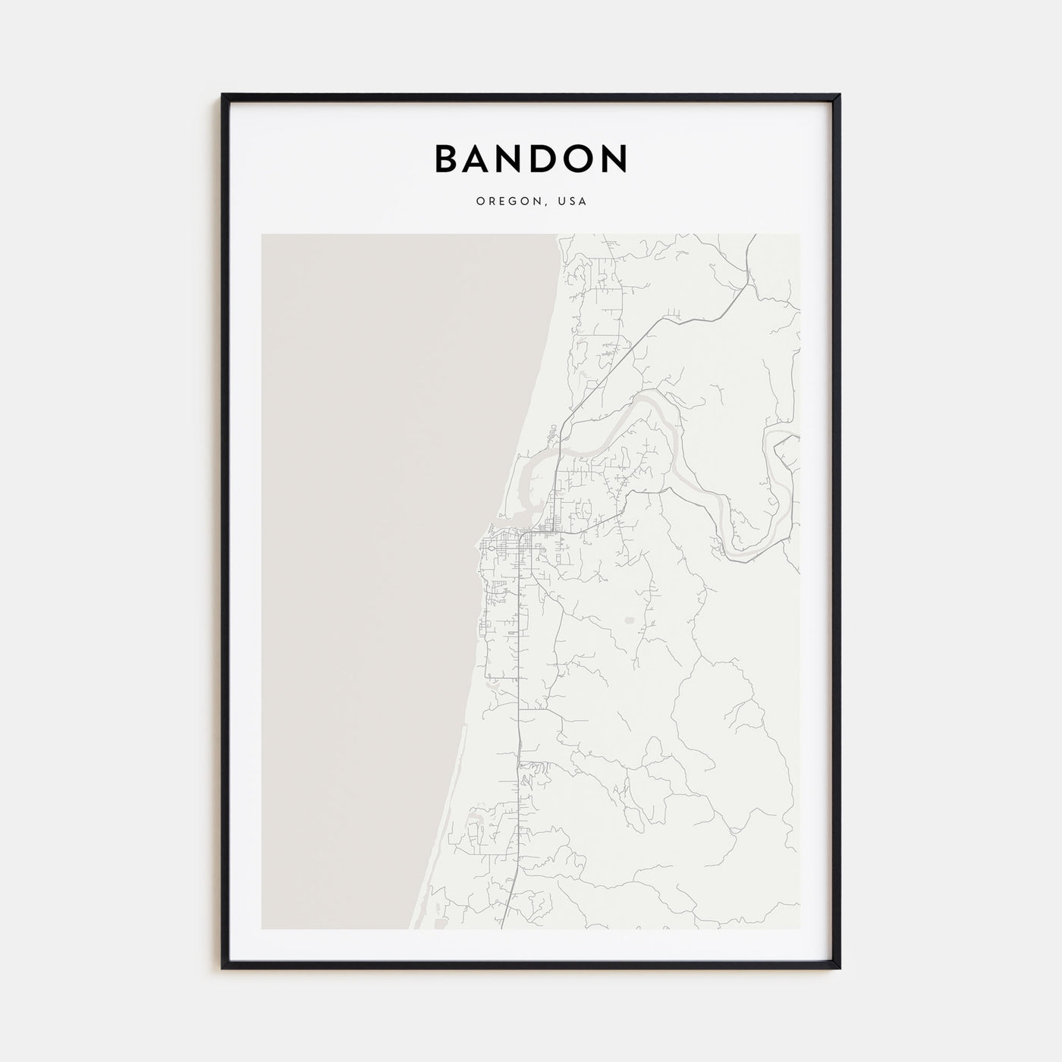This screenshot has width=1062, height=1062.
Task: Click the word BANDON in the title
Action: [531, 159]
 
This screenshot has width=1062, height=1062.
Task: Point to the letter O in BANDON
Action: [577, 159]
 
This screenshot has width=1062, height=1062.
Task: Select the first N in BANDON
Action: [511, 159]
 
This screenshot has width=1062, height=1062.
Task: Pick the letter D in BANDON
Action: [544, 159]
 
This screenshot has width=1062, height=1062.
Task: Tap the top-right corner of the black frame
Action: [839, 96]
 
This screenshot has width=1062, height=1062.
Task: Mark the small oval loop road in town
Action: [491, 547]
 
